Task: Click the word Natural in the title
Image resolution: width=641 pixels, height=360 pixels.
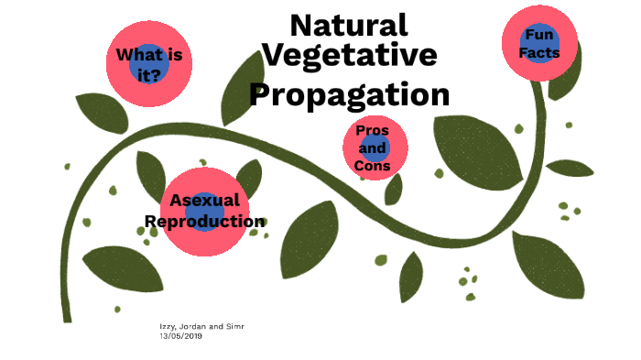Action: tap(349, 26)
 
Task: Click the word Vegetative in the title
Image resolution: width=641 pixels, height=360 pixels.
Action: tap(349, 56)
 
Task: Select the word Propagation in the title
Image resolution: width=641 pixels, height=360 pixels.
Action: tap(350, 93)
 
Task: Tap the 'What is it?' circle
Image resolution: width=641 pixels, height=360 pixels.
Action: tap(149, 64)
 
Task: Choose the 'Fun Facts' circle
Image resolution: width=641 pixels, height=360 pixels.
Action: tap(540, 43)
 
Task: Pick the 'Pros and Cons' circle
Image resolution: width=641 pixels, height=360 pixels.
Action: tap(373, 147)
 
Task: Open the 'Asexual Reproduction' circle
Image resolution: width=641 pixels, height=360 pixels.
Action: tap(205, 211)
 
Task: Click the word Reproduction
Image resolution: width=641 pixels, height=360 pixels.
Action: tap(205, 222)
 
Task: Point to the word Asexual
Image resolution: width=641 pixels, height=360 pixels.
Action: tap(205, 201)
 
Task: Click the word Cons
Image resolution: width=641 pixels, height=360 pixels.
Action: tap(373, 166)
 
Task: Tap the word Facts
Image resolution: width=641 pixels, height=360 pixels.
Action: tap(539, 53)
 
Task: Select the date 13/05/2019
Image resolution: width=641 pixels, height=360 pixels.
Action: tap(181, 336)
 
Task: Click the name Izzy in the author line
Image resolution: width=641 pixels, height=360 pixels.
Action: tap(168, 327)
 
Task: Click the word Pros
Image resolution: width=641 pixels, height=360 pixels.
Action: tap(373, 130)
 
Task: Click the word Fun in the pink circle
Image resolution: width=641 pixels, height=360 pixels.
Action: tap(539, 35)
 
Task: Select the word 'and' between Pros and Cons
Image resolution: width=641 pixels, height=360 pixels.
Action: tap(373, 147)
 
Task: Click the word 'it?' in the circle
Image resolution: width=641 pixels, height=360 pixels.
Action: tap(149, 75)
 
